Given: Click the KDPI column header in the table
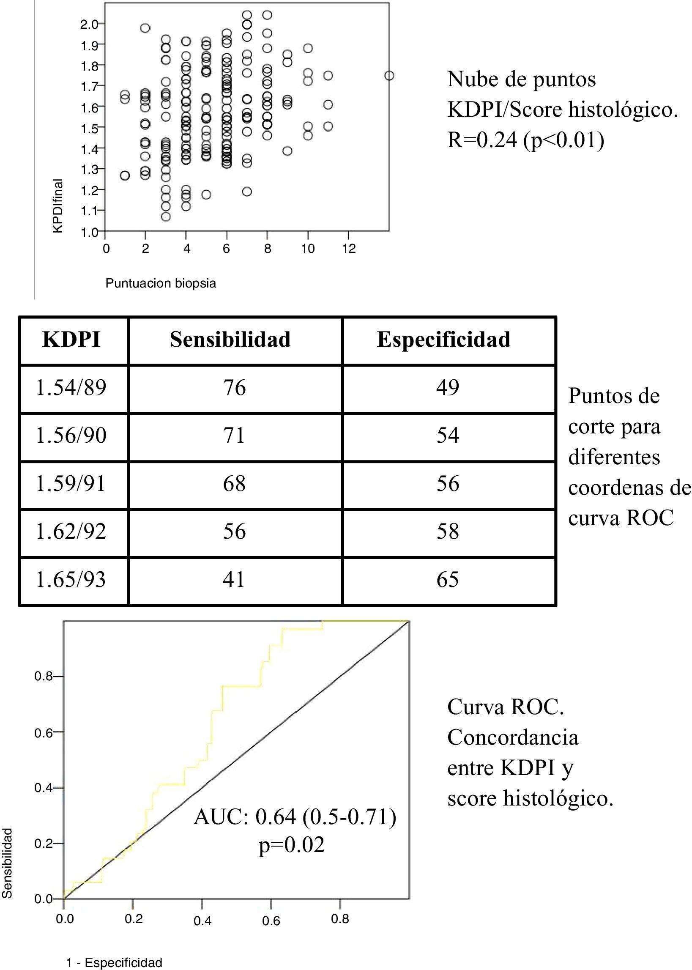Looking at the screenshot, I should (x=71, y=340).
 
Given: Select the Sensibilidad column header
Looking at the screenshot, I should (x=230, y=340).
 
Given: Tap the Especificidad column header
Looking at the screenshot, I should (x=443, y=340).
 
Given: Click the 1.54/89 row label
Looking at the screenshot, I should (x=71, y=388).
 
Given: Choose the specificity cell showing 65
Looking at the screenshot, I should (x=447, y=580).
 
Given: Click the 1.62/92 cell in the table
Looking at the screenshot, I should (x=71, y=532).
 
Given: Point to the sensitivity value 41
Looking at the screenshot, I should (x=234, y=580).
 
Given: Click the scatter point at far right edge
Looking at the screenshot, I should (x=388, y=76).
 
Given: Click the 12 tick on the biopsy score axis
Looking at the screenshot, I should (x=349, y=249).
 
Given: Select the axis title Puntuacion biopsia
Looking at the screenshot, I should (x=161, y=283).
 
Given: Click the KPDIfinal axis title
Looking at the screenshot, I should (x=58, y=206).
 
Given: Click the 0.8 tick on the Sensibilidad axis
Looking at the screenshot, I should (x=43, y=677).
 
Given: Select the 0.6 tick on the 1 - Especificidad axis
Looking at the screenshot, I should (x=271, y=921).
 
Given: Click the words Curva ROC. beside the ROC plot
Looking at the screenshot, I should (x=505, y=707).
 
